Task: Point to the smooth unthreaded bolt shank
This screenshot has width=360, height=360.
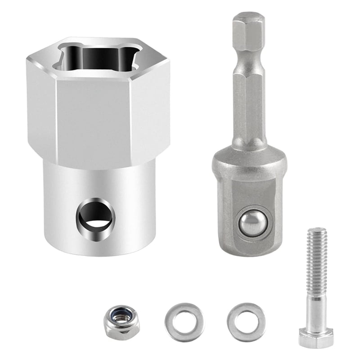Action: (316, 306)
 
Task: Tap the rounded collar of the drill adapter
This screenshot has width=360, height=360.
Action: (249, 162)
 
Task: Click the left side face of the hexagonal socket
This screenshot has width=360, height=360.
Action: (40, 108)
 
